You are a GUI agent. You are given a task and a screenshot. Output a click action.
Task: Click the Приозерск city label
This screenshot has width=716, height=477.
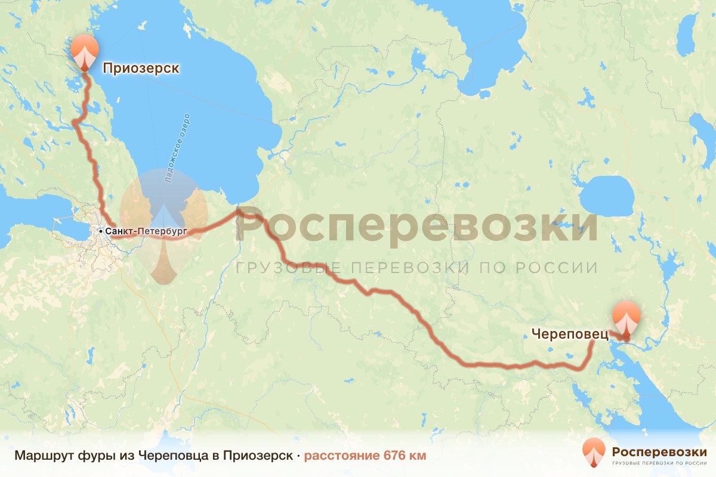[141, 69]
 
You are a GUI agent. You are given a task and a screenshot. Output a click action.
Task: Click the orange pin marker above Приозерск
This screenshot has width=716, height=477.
[85, 51]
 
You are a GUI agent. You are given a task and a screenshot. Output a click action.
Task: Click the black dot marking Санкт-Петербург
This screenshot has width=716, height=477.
[101, 230]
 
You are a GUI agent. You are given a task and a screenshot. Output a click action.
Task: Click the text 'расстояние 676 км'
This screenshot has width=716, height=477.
[365, 456]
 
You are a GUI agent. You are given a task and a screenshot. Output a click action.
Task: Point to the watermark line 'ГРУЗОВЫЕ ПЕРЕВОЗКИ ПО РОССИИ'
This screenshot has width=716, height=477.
[416, 268]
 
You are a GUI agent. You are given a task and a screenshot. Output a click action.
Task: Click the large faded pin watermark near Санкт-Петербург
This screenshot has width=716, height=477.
[163, 227]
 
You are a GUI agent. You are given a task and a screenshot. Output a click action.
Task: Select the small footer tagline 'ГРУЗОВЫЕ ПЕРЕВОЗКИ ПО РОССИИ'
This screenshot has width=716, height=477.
[659, 463]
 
